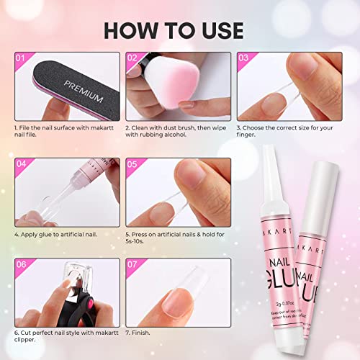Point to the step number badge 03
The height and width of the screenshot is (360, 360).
(x=244, y=58)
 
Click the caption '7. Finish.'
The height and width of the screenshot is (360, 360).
(x=142, y=333)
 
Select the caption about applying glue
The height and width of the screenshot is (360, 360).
(x=58, y=235)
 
